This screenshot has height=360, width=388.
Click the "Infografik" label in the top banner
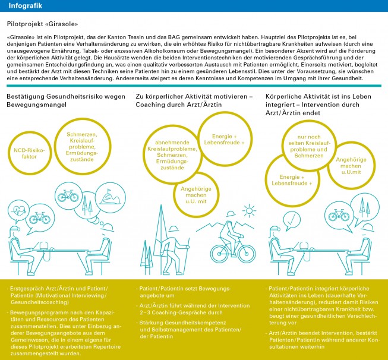point(24,7)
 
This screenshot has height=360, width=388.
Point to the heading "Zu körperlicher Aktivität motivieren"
point(194,96)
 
